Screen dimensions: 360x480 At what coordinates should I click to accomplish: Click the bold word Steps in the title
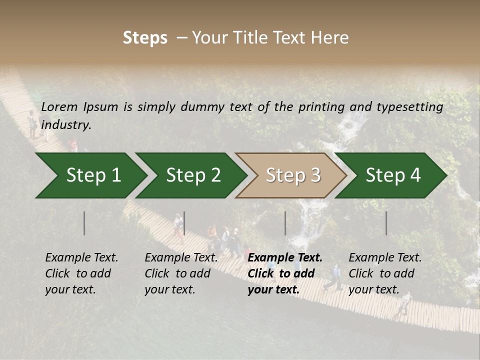[x=145, y=38]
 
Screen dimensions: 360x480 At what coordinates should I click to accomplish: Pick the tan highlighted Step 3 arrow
[x=293, y=175]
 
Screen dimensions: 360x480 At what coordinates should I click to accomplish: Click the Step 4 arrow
[x=393, y=175]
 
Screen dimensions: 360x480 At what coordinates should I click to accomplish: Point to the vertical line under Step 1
[x=84, y=223]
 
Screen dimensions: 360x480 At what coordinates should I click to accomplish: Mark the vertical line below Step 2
[x=184, y=223]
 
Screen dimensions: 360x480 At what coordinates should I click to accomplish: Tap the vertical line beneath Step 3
[x=285, y=223]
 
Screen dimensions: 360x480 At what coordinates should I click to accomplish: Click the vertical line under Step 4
[x=386, y=223]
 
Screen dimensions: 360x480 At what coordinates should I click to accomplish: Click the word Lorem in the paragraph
[x=59, y=106]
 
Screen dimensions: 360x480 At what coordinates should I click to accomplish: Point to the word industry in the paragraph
[x=66, y=125]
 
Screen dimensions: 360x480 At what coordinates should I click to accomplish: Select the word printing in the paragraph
[x=321, y=106]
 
